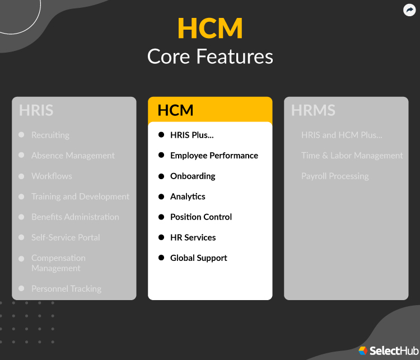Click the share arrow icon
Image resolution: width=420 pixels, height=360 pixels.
(x=409, y=10)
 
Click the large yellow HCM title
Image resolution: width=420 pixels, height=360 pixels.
(x=210, y=29)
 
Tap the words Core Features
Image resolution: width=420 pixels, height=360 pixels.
(x=210, y=57)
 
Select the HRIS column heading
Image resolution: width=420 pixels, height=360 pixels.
(x=36, y=110)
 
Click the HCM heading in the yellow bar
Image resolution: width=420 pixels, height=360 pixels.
(x=175, y=110)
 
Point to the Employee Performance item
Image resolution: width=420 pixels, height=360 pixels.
(x=214, y=156)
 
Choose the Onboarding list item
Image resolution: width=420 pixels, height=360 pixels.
(x=193, y=176)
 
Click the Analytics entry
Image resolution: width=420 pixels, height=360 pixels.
(x=188, y=197)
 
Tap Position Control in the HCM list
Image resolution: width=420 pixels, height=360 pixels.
(x=200, y=217)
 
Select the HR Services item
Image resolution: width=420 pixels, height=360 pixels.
(x=193, y=237)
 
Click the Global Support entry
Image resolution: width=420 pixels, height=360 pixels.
(x=198, y=258)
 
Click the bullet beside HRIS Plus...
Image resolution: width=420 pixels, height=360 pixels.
(x=161, y=134)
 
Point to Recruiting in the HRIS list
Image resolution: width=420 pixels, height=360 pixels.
(x=50, y=135)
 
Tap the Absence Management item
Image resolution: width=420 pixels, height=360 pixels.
(x=73, y=156)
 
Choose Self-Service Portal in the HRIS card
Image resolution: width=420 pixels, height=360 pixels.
(x=66, y=237)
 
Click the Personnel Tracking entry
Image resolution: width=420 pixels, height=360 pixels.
(x=66, y=289)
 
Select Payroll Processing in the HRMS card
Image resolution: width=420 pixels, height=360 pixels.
(x=335, y=176)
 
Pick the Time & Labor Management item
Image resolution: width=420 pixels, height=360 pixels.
(x=352, y=156)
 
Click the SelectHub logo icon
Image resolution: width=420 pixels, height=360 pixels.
(x=363, y=350)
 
